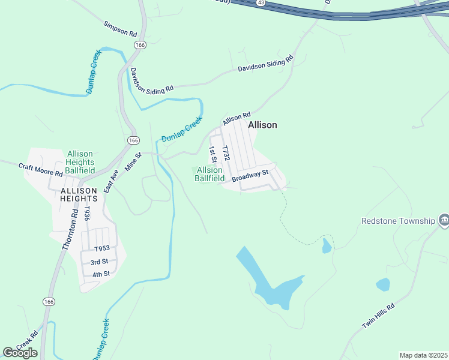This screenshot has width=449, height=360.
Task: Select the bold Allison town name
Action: pos(263,125)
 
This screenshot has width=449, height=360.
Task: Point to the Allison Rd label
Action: pos(236,118)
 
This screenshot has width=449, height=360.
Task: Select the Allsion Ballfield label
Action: pos(210,174)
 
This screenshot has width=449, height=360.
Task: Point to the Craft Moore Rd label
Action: pos(40,169)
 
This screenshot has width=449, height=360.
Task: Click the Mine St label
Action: pos(133,162)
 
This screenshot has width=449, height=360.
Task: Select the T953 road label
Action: pos(102,249)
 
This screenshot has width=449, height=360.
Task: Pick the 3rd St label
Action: pos(99,262)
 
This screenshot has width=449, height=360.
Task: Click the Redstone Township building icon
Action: pos(443,221)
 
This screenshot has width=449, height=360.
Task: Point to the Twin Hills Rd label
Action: pos(378,315)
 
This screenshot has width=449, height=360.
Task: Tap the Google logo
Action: pos(20,353)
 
